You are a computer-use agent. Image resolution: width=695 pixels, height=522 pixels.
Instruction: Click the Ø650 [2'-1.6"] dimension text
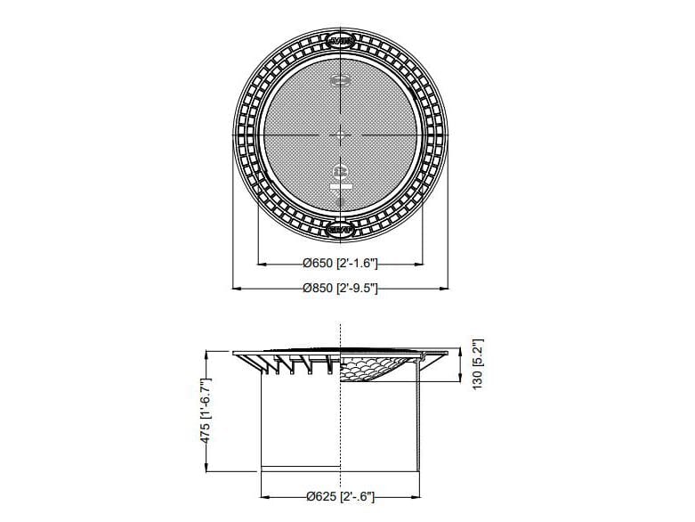coord(340,264)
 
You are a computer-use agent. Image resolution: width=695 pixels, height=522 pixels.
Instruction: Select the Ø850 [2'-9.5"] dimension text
coord(340,288)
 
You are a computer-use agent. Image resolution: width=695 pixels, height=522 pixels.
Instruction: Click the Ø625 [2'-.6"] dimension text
coord(340,497)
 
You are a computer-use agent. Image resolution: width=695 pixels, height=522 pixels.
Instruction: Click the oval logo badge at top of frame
coord(341,41)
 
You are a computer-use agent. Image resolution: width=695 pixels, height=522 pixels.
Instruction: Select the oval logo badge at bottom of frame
coord(341,229)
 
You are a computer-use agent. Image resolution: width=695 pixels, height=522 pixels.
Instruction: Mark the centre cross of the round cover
coord(341,135)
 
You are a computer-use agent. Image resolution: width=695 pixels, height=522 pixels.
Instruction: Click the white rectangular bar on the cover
coord(341,187)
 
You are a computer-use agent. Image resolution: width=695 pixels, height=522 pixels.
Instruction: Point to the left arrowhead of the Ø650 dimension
coord(261,264)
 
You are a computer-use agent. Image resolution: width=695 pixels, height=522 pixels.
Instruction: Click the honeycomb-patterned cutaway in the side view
coord(374,368)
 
